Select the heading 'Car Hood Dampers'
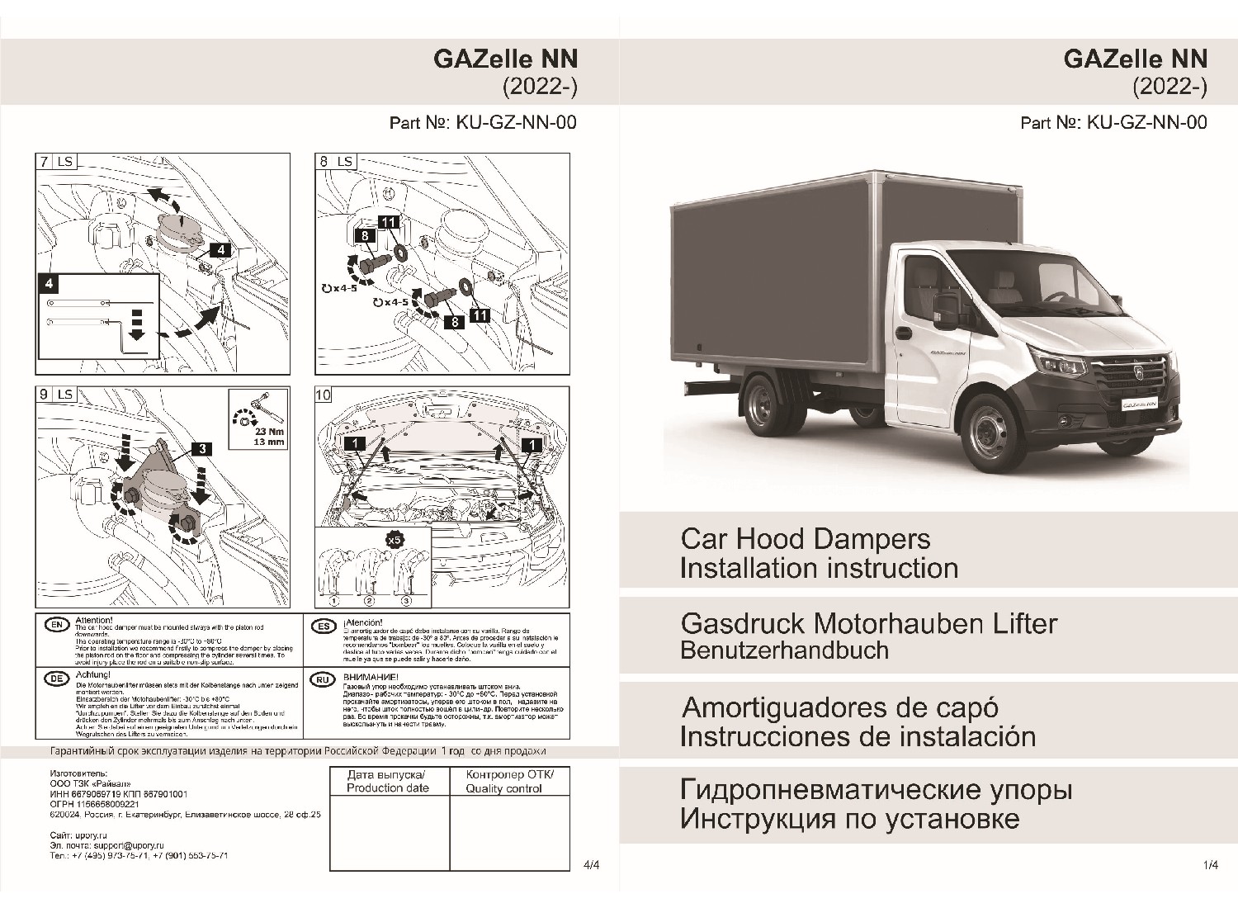(x=805, y=539)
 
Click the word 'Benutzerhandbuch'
(x=784, y=650)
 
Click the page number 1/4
(x=1211, y=865)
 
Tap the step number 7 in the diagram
(x=44, y=162)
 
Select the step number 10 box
(x=324, y=395)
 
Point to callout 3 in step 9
(x=201, y=449)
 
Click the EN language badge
(x=56, y=625)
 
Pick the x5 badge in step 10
(x=395, y=539)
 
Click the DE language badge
(x=56, y=679)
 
